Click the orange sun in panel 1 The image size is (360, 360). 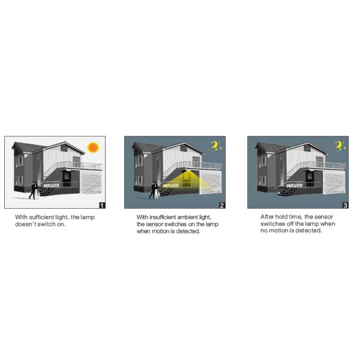pyautogui.click(x=92, y=147)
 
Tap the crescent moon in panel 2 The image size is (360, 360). pyautogui.click(x=215, y=145)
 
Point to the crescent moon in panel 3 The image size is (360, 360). pyautogui.click(x=338, y=145)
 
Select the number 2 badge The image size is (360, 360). pyautogui.click(x=222, y=205)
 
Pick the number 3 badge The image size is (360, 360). pyautogui.click(x=345, y=205)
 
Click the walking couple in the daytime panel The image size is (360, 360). pyautogui.click(x=34, y=190)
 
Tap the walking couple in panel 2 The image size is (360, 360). pyautogui.click(x=154, y=190)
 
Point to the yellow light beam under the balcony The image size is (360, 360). pyautogui.click(x=188, y=181)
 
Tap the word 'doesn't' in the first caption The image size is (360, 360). pyautogui.click(x=28, y=224)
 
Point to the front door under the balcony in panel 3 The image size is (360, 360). pyautogui.click(x=312, y=180)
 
